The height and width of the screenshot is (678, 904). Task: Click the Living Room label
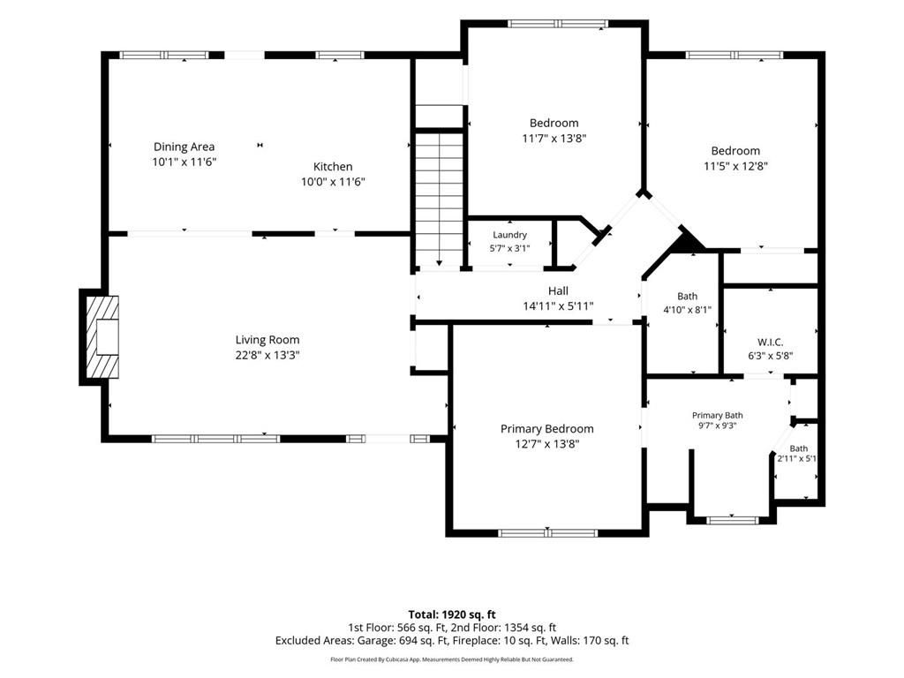pos(267,340)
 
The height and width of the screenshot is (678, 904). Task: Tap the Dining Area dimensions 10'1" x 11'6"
pos(184,162)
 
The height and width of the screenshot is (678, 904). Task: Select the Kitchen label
pos(333,167)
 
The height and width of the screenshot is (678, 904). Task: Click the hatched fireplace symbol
pos(102,336)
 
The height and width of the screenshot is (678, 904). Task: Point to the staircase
pos(440,200)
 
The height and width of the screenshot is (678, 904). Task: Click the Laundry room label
pos(509,235)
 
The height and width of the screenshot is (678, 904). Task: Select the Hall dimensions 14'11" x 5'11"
pos(558,306)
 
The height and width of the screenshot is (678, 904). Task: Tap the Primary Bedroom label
pos(546,428)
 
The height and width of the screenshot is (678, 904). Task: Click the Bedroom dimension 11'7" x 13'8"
pos(554,139)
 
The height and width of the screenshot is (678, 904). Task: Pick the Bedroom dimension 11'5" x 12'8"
pos(735,166)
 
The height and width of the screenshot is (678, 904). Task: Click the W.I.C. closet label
pos(770,342)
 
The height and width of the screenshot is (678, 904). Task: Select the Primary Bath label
pos(717,415)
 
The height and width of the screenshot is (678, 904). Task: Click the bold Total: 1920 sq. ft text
pos(452,614)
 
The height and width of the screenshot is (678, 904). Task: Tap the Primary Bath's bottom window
pos(732,521)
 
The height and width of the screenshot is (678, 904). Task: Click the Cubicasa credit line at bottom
pos(452,659)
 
